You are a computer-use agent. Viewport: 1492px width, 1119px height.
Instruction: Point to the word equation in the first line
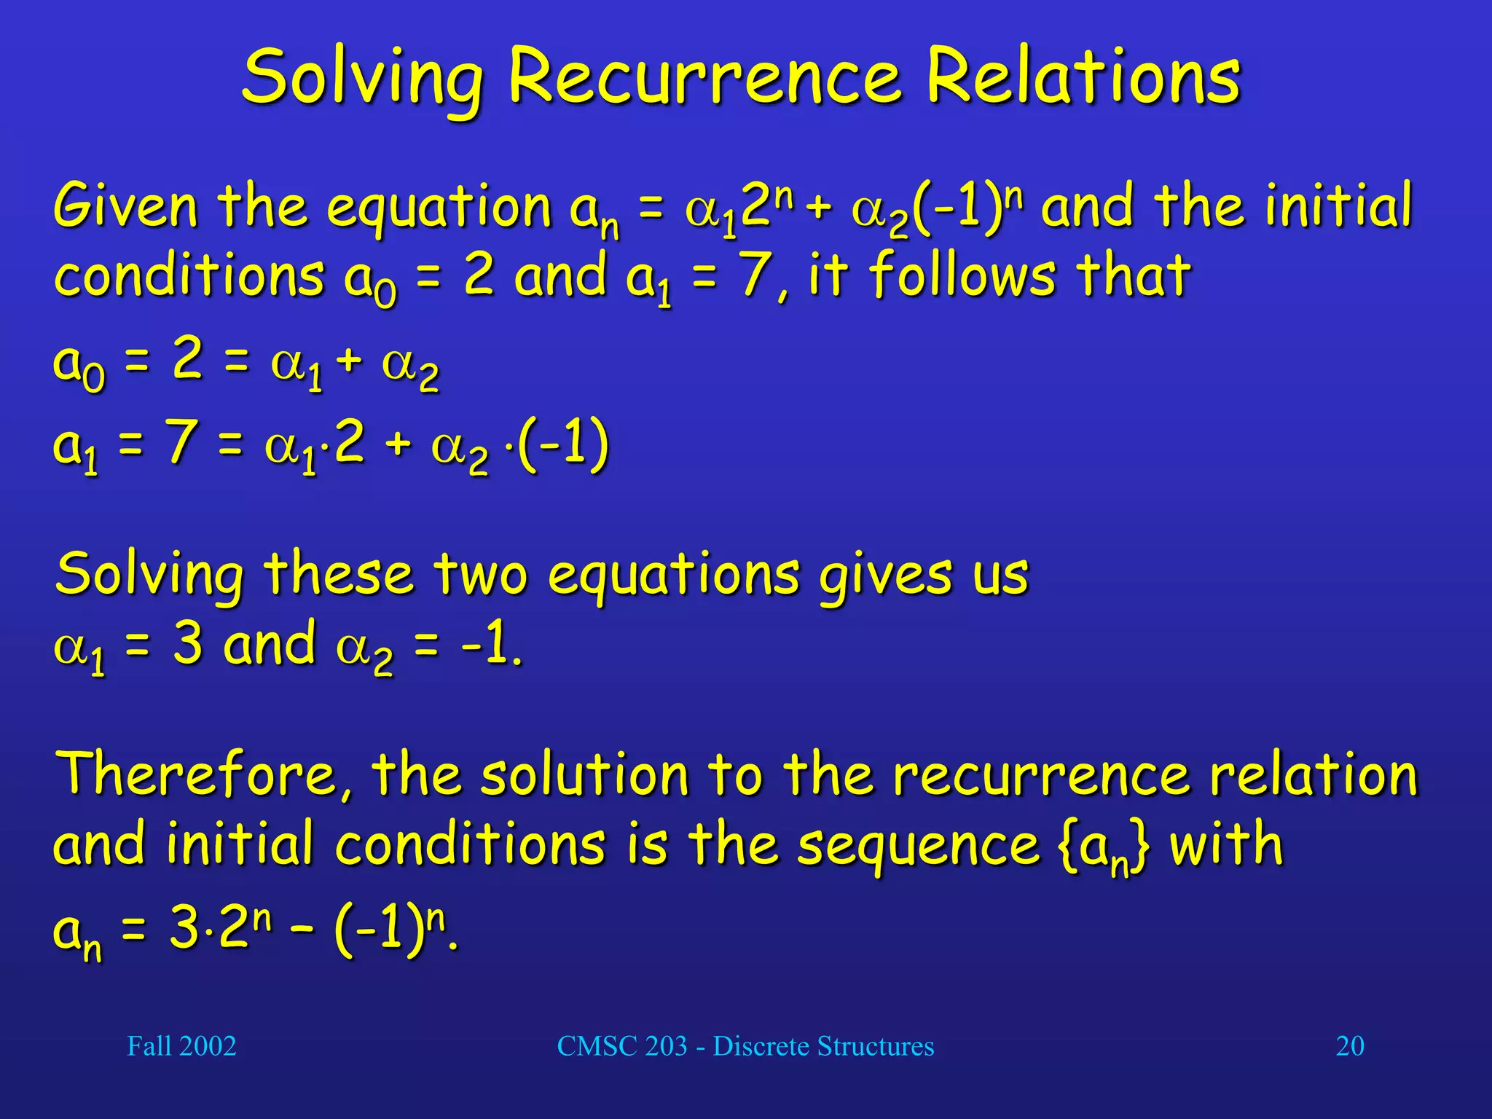[439, 208]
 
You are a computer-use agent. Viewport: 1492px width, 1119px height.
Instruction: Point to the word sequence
[918, 845]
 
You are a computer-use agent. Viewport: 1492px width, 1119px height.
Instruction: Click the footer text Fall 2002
[181, 1046]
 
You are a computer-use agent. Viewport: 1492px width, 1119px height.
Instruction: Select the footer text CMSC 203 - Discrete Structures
[745, 1046]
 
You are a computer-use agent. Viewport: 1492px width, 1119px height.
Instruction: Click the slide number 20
[1350, 1046]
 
